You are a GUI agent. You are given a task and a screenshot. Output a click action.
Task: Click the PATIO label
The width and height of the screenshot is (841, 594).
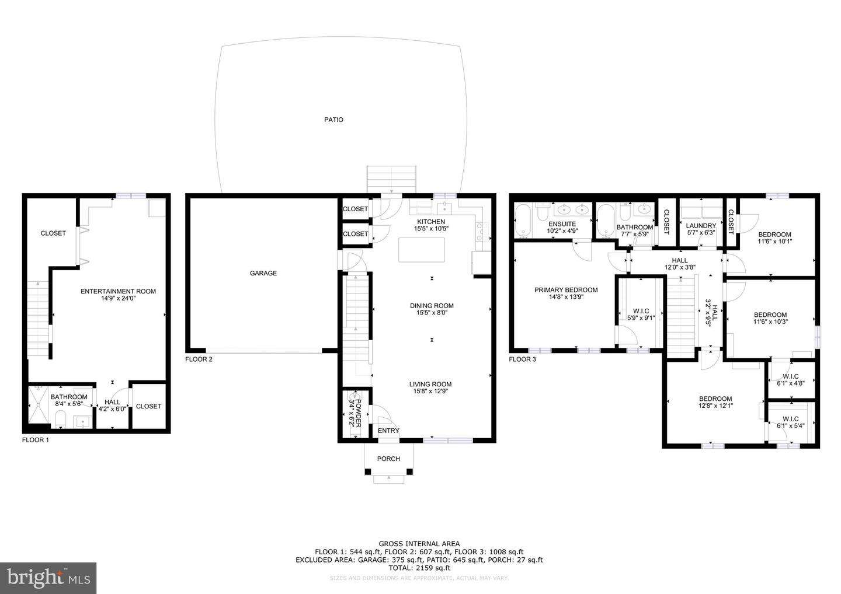333,120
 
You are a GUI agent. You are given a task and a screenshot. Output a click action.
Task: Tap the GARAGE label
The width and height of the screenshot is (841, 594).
263,273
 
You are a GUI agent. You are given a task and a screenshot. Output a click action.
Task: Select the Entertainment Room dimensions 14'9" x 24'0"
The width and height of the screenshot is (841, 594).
118,299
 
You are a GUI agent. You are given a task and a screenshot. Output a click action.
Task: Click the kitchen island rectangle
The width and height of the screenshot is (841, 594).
422,250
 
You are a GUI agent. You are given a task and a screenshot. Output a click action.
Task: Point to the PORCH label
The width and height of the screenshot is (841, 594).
388,459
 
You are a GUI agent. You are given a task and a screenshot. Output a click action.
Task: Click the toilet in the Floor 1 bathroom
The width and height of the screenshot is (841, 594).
60,418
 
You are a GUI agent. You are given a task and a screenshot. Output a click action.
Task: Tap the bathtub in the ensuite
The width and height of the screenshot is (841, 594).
522,222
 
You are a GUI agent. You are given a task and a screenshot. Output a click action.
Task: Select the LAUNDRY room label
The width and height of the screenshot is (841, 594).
701,226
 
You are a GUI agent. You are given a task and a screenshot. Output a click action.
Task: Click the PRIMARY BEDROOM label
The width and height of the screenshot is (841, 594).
566,290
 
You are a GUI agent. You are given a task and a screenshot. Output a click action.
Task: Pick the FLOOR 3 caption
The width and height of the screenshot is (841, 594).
522,359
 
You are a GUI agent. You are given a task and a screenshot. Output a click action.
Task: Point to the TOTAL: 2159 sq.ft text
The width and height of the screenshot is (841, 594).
419,568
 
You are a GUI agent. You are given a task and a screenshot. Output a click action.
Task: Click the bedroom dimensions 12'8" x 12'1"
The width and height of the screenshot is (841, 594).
715,406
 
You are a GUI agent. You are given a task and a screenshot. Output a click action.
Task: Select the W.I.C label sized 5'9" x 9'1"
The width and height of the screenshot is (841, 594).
641,318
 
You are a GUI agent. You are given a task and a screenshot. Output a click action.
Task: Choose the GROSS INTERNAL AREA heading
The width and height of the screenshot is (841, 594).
419,544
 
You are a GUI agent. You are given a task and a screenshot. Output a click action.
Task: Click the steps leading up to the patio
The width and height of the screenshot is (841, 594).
391,179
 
